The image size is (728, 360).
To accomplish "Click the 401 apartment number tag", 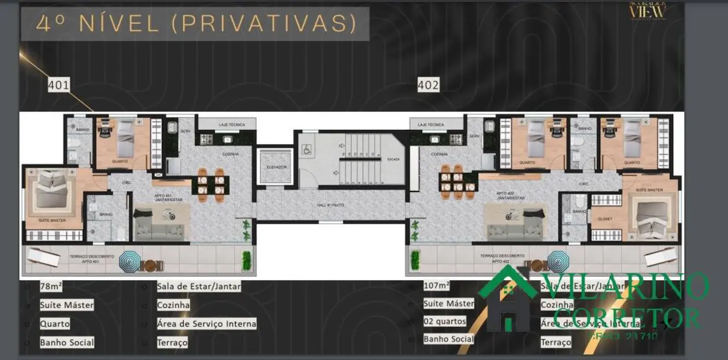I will [59, 85].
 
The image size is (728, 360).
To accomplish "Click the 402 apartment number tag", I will [428, 85].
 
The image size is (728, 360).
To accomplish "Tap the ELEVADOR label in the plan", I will [275, 167].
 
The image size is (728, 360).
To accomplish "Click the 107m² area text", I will [437, 286].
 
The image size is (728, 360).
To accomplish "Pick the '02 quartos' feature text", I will [445, 321].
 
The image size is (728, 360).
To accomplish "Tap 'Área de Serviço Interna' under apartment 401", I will [206, 323].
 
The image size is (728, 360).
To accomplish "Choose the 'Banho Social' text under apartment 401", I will [66, 342].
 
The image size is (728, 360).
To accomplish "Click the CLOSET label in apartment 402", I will [605, 219].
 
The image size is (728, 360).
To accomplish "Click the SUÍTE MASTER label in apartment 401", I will [52, 220].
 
